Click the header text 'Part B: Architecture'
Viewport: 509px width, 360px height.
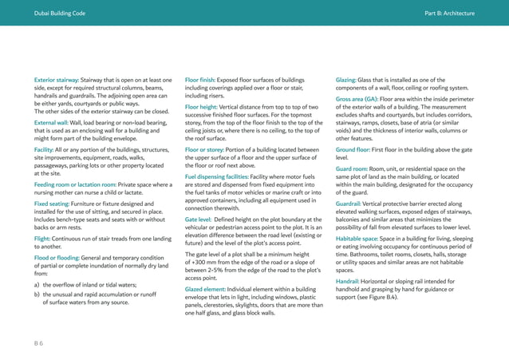[x=450, y=14]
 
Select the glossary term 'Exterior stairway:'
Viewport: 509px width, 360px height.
[x=58, y=81]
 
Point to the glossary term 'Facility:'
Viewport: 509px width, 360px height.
[x=44, y=148]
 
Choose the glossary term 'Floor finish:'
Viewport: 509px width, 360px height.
[x=204, y=81]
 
